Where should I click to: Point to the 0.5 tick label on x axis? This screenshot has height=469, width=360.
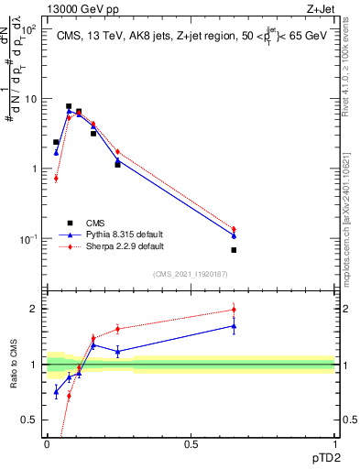[191, 445]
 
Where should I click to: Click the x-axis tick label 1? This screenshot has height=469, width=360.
[335, 445]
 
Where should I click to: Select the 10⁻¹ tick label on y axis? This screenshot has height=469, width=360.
[29, 239]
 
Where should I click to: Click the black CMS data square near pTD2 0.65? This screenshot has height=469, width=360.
[234, 250]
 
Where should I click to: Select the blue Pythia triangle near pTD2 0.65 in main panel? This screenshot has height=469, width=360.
[234, 235]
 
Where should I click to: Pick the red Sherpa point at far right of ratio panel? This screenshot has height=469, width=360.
[234, 310]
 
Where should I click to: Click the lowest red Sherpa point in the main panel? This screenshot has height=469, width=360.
[56, 178]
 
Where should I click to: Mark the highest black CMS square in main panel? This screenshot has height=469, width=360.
[69, 106]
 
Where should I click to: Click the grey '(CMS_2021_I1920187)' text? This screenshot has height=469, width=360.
[191, 273]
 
